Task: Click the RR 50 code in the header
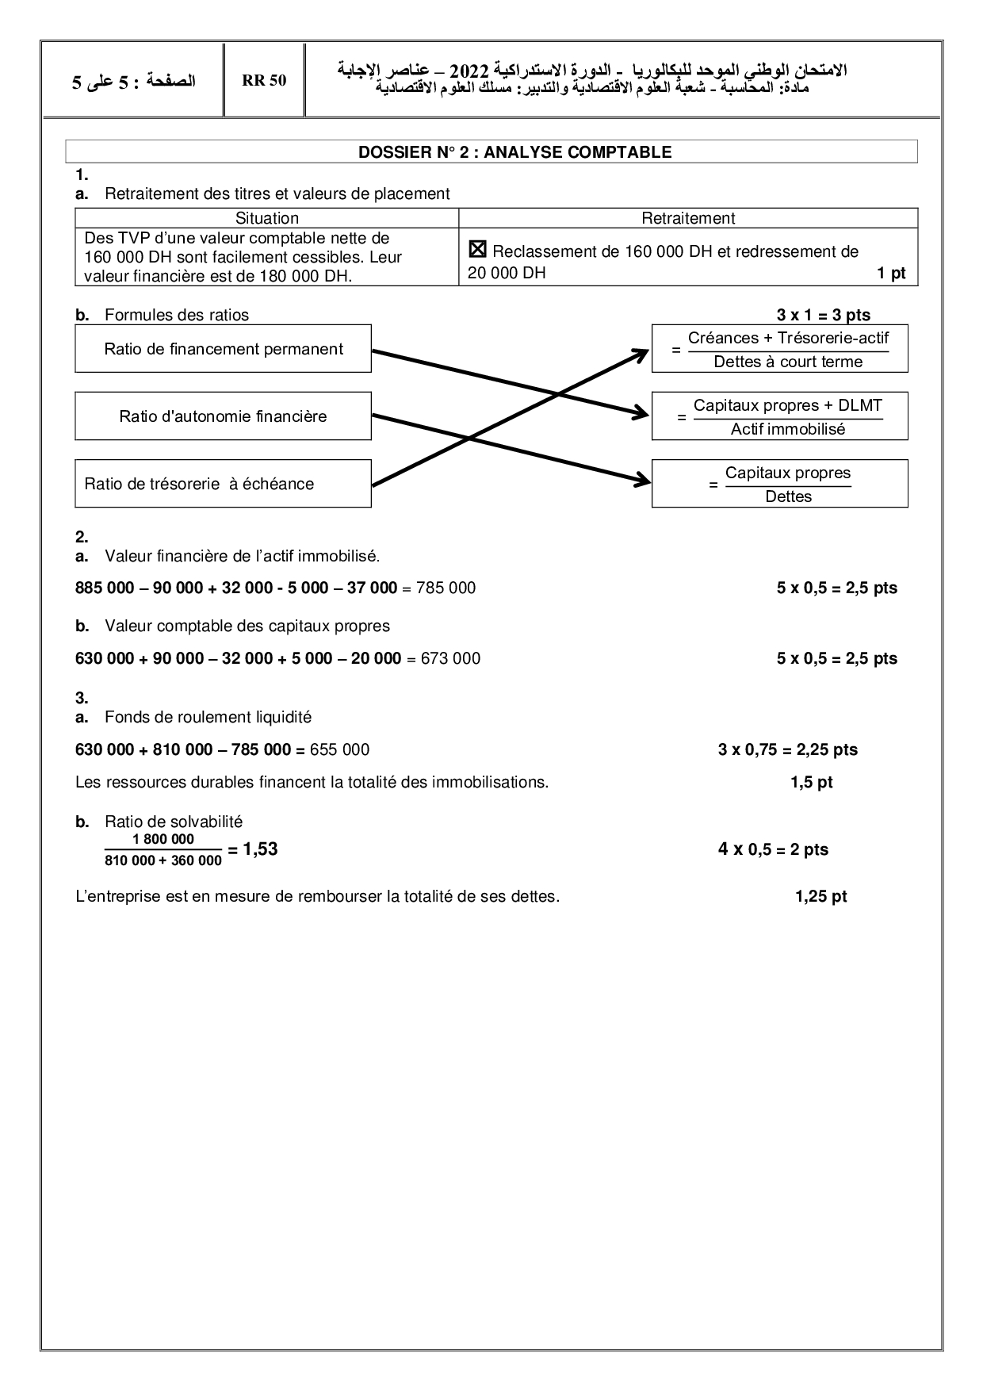pos(264,81)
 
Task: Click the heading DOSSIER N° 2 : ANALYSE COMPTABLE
pos(514,152)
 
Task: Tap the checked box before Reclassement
pos(477,251)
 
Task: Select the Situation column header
pos(267,218)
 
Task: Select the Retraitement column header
pos(688,218)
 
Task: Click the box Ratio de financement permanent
pos(223,349)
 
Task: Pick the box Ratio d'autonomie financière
pos(223,416)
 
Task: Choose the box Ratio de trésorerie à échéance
pos(223,484)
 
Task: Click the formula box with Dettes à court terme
pos(779,349)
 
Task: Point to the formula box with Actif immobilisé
pos(779,416)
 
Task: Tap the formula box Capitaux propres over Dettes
pos(779,484)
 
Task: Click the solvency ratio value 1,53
pos(260,849)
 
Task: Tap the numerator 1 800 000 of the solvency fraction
pos(163,839)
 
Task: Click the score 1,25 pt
pos(820,896)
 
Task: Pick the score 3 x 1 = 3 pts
pos(823,315)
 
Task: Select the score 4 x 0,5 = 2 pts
pos(773,849)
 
